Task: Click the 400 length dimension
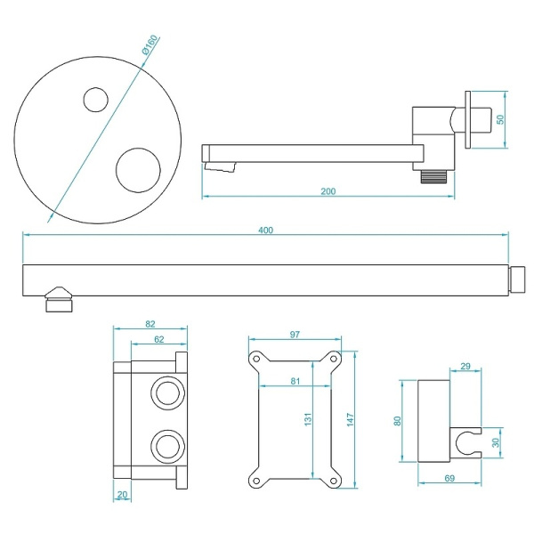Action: pos(266,229)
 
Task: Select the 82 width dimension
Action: pos(150,325)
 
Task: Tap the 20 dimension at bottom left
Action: pos(122,494)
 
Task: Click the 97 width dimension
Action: pos(295,335)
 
